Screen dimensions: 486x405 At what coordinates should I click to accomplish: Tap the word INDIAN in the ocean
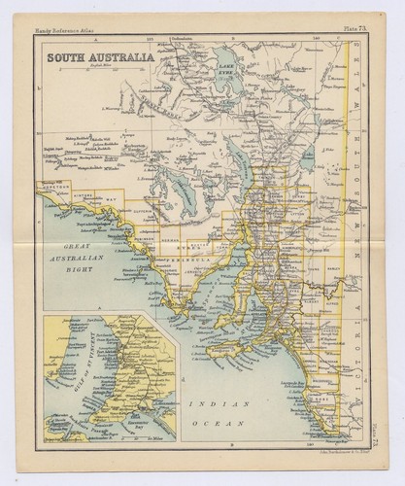(233, 402)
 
